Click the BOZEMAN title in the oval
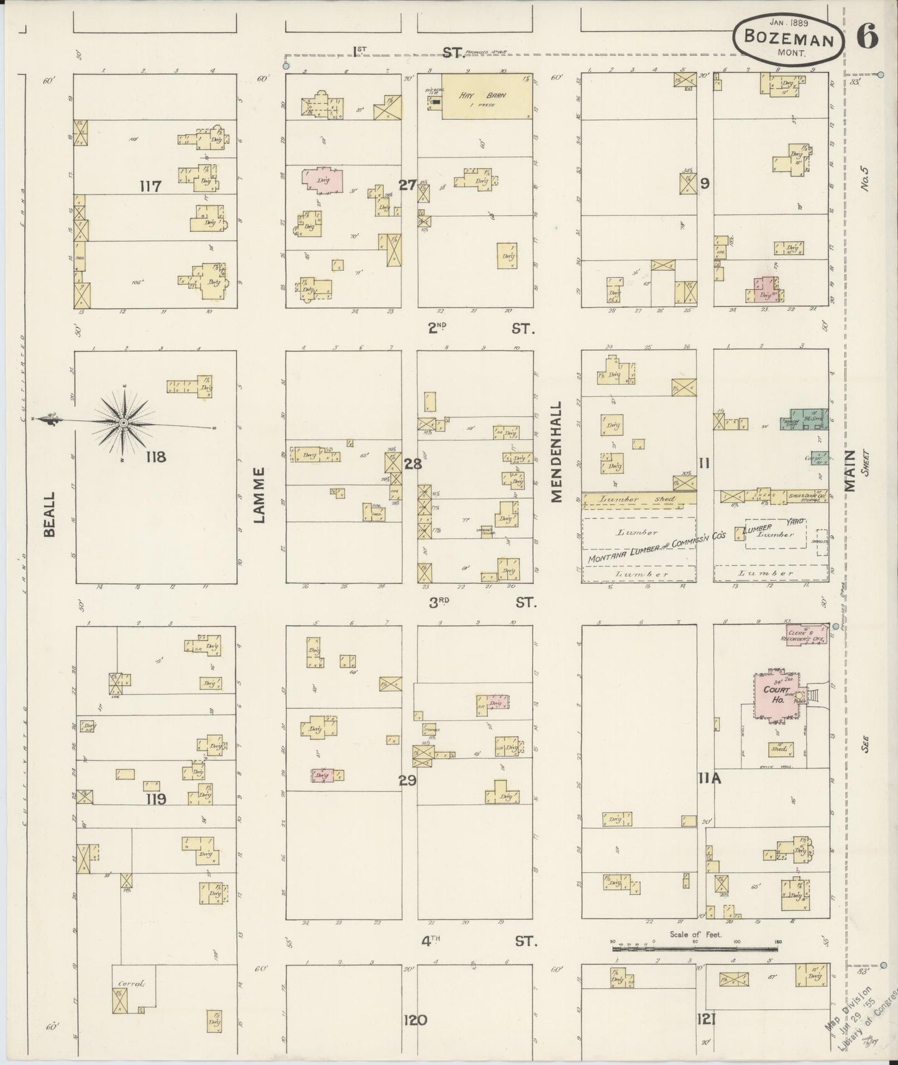click(789, 39)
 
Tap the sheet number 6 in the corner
click(867, 37)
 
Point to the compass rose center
click(124, 423)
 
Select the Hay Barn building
click(487, 97)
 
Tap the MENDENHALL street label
click(556, 452)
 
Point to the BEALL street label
click(49, 514)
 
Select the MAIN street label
click(850, 471)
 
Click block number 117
click(150, 186)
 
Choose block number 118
click(155, 457)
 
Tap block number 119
click(154, 799)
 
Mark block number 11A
click(708, 777)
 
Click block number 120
click(415, 1020)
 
